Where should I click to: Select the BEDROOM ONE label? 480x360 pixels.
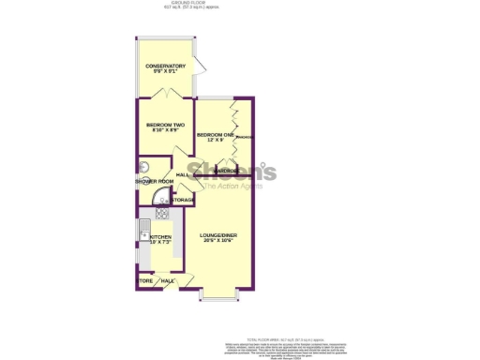coord(214,135)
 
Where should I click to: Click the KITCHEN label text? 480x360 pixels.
coord(161,237)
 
